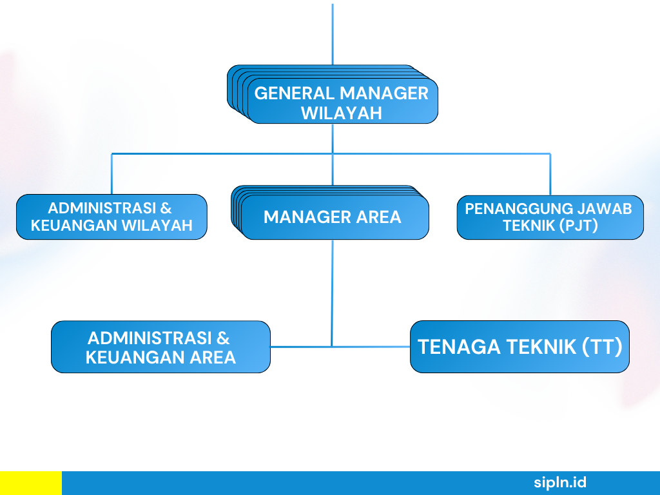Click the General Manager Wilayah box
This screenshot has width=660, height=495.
[x=333, y=94]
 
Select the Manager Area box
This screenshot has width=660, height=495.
[x=330, y=213]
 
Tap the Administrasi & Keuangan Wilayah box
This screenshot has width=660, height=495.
[x=112, y=217]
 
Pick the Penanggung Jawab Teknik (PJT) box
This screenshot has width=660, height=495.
[x=550, y=217]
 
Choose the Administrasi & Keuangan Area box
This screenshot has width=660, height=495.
[x=160, y=347]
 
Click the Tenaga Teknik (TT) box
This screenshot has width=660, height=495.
[x=520, y=347]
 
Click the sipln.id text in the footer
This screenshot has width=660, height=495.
[x=560, y=482]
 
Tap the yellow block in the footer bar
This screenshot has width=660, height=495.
[x=31, y=483]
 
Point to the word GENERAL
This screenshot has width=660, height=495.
[x=295, y=93]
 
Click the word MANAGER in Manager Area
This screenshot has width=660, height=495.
[x=307, y=217]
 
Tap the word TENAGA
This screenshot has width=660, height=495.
[x=460, y=347]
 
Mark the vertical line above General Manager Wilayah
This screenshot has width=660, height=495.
[x=333, y=35]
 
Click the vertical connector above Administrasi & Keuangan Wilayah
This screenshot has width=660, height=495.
[x=112, y=174]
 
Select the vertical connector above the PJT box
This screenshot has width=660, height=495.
[x=550, y=175]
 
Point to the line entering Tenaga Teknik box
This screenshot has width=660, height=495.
[x=371, y=347]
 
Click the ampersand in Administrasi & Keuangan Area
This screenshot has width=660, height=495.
[x=223, y=338]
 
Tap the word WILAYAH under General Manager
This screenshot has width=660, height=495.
[x=342, y=113]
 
